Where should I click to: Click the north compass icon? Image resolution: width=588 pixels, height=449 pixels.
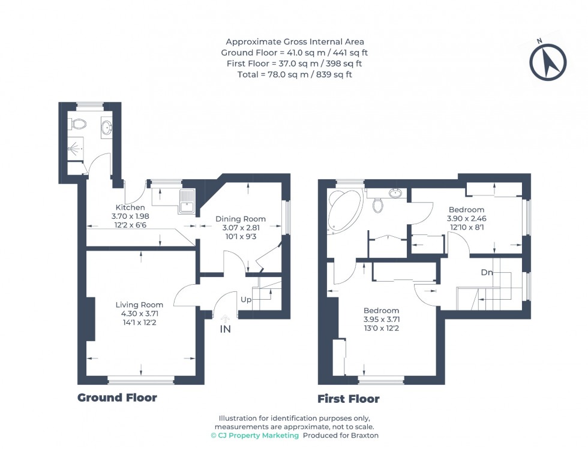click(548, 61)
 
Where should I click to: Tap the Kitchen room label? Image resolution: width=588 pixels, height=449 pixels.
click(130, 207)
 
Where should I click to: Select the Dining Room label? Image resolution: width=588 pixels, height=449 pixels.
click(240, 219)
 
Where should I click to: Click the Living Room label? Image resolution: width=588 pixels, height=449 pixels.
click(139, 305)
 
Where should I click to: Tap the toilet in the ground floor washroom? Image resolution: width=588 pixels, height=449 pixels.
click(78, 124)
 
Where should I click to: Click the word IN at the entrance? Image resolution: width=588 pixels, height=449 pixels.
click(226, 329)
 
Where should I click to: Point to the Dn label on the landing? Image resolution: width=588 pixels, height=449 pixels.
click(487, 273)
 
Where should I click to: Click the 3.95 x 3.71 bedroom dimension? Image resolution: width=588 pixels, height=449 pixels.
click(381, 319)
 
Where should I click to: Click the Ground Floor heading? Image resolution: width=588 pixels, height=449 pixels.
click(117, 397)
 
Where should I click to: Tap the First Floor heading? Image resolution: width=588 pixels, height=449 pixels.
click(349, 399)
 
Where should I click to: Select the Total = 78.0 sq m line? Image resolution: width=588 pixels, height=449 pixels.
click(294, 74)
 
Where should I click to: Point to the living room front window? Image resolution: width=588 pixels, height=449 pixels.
click(141, 379)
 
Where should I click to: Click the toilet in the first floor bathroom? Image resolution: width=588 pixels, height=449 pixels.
click(378, 205)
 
